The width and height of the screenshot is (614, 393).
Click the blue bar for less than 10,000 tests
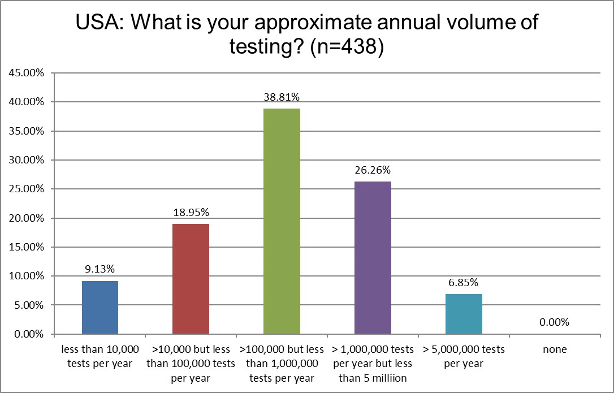pos(100,307)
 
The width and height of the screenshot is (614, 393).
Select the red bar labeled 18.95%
pos(191,279)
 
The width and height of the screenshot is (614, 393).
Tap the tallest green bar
pos(282,221)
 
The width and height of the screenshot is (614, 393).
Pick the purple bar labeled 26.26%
pos(373,257)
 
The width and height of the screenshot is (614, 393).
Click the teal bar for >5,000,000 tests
pos(464,314)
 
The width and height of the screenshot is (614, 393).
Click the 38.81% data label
pos(282,97)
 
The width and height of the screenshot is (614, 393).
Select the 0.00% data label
pos(554,323)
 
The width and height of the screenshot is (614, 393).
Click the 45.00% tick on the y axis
pos(26,73)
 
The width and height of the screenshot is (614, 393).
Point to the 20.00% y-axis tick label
pos(26,218)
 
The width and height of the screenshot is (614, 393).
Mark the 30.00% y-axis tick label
pos(26,160)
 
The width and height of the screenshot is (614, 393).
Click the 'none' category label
pos(554,349)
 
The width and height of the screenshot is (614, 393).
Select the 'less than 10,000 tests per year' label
pos(100,356)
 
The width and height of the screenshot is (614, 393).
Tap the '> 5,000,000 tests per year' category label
pos(464,356)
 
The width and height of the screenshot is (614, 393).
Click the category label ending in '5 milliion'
pos(373,363)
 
